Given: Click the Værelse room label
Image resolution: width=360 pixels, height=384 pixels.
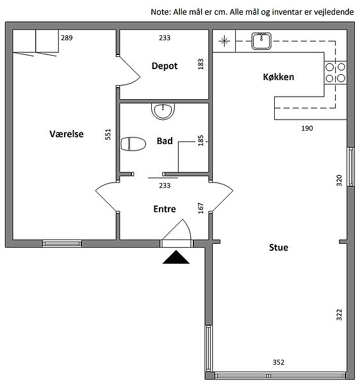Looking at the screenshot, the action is point(67,134).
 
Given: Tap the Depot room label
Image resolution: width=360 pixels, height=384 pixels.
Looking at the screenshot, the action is point(165,66).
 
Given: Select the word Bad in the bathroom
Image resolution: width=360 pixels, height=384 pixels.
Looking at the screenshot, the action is point(165,141).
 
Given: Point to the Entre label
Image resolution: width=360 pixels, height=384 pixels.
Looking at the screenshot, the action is point(165,209).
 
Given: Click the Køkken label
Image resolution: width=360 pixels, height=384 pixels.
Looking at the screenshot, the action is point(279,77).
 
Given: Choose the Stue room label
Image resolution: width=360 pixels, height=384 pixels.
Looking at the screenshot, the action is point(279,247).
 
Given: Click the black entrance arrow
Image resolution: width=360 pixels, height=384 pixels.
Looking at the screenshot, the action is point(176,257).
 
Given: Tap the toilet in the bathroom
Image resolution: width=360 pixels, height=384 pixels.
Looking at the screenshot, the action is point(133,144).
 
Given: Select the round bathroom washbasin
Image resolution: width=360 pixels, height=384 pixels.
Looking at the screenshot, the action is point(163,111).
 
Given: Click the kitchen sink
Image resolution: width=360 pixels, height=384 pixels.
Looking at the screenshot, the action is point(261,41).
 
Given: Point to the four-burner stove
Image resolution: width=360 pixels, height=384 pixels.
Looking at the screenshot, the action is point(335,72).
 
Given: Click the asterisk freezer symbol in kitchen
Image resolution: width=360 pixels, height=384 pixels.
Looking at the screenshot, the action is point(224,41).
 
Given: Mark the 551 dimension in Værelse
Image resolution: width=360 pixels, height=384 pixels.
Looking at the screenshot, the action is point(108,134).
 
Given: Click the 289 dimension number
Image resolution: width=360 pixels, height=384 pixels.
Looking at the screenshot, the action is point(67,38).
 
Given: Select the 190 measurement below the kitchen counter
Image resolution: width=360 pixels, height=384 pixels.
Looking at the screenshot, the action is point(307,128).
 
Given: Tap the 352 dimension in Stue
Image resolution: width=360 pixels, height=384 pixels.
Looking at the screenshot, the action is point(279,362).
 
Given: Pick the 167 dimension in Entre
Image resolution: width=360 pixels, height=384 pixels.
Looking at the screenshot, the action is point(200,208).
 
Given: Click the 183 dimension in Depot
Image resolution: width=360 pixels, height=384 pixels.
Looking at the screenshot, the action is point(200,64).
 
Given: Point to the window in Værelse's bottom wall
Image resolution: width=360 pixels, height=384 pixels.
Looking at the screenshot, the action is point(62,243).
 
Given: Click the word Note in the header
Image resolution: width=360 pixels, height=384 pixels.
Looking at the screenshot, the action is point(160,12).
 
